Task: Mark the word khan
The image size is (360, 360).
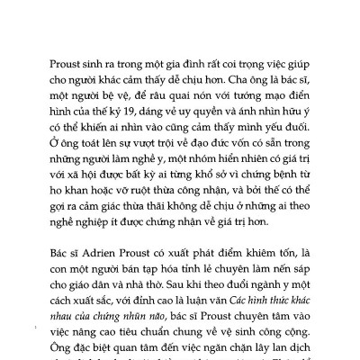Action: click(76, 193)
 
